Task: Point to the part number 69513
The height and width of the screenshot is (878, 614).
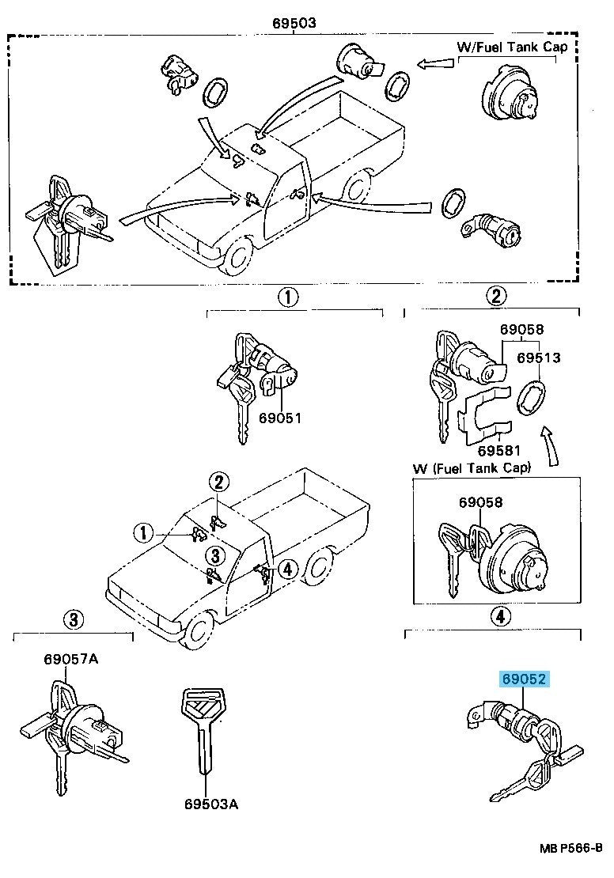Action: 539,358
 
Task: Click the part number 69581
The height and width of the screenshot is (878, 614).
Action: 498,451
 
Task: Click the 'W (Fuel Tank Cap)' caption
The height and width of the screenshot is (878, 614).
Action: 472,468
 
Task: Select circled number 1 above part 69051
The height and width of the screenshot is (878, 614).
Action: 287,298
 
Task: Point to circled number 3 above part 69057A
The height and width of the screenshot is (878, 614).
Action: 72,620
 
